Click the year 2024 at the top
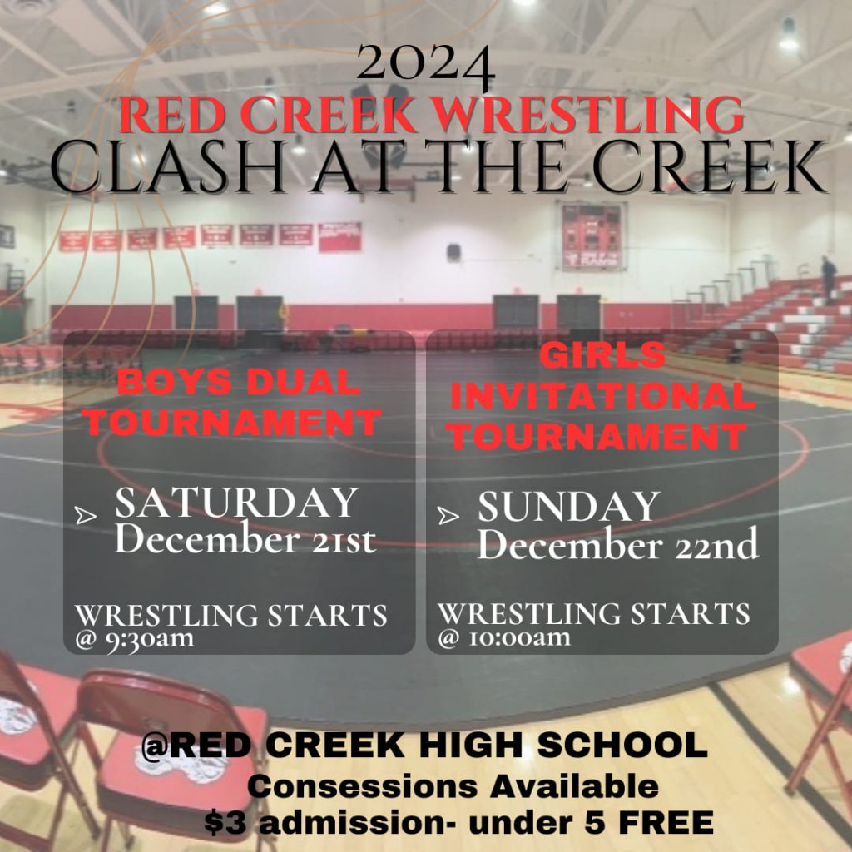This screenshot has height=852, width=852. pos(425,65)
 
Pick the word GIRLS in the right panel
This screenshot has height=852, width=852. pos(602,355)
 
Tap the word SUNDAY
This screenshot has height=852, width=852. pos(569,507)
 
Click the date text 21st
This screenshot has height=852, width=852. pos(344,539)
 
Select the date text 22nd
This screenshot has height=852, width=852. pos(717,544)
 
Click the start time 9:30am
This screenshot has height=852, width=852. pos(150,638)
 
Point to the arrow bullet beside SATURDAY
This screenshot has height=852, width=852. pos(86,515)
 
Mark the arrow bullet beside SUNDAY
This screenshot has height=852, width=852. pos(448,515)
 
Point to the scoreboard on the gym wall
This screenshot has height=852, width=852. pos(592,236)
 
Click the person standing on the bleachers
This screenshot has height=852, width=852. pos(829,280)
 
